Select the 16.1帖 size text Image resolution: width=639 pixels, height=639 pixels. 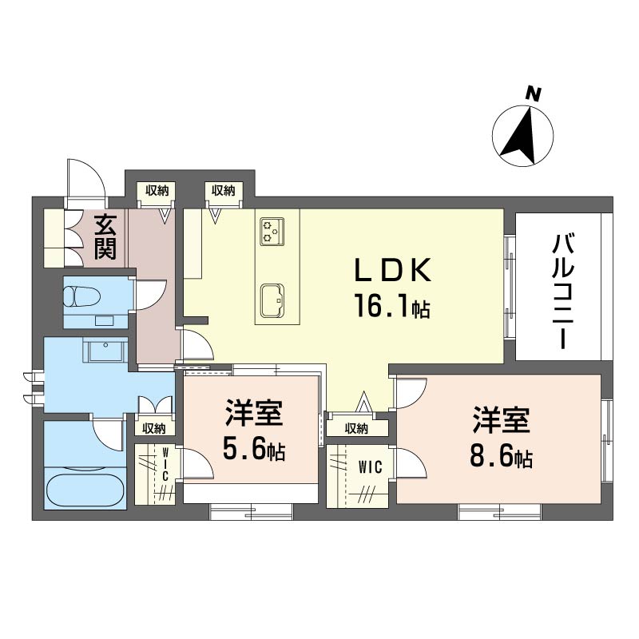(392, 306)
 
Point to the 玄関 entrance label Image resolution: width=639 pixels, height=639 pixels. (105, 237)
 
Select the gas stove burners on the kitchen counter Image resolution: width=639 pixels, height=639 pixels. (270, 231)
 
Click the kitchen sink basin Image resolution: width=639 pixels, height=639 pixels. (272, 298)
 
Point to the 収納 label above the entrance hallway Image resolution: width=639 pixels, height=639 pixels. (157, 190)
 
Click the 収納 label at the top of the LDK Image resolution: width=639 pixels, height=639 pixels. (222, 190)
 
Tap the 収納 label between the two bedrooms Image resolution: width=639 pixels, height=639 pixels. (356, 429)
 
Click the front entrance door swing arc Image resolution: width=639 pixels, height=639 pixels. (85, 178)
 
